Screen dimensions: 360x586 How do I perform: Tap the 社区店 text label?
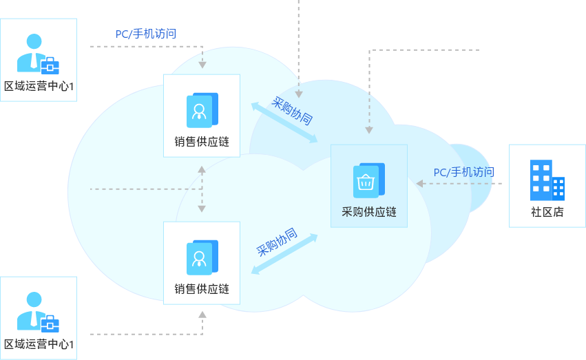point(547,212)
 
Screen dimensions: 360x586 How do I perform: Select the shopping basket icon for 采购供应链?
point(367,181)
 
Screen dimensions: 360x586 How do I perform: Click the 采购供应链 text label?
point(369,212)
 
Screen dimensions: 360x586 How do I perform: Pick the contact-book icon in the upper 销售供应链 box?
point(201,109)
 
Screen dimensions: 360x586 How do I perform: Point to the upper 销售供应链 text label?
point(202,142)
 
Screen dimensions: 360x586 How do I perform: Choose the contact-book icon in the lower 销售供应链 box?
point(201,257)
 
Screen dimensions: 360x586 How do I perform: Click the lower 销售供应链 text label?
point(202,289)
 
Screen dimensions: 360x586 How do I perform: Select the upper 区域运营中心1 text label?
point(39,86)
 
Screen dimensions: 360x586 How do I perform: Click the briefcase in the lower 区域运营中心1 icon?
point(50,323)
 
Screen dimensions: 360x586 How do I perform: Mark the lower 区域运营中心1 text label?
point(39,343)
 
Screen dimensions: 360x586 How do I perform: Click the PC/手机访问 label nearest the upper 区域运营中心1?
point(146,33)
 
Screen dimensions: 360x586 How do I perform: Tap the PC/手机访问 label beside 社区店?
point(463,172)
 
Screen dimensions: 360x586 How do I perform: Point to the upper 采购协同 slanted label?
point(293,112)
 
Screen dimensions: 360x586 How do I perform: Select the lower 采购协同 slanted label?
point(277,242)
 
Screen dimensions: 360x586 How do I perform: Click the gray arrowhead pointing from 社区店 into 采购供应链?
point(419,183)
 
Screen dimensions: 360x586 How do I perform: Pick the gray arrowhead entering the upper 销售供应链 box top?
point(202,65)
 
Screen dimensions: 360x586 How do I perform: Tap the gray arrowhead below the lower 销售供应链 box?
point(202,314)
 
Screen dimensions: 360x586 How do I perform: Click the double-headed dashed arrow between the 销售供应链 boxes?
point(202,189)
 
